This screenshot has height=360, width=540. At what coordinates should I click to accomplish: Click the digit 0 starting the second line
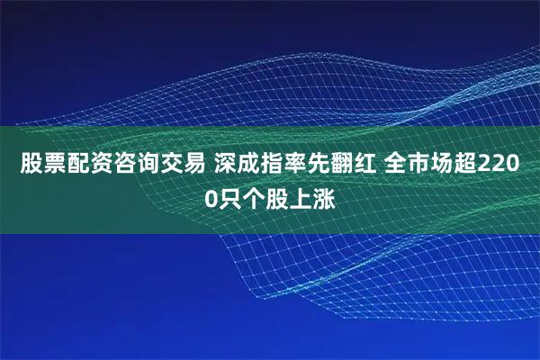pos(211,199)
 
